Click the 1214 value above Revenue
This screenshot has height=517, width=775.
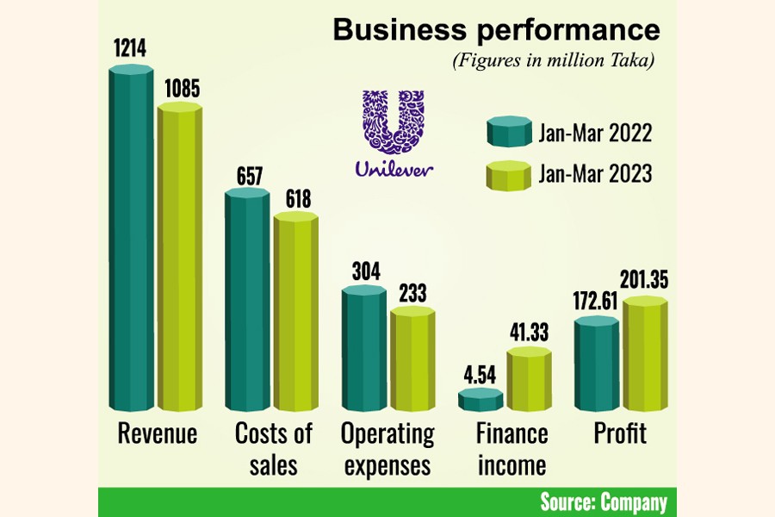[128, 51]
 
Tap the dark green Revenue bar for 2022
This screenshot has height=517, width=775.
[132, 241]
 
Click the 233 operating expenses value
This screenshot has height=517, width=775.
[412, 293]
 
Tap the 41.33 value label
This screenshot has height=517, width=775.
[529, 332]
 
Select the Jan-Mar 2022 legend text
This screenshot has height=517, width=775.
[595, 134]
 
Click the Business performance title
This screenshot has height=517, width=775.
[497, 30]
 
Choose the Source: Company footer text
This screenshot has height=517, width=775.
[603, 502]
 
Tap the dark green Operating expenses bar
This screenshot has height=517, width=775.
[364, 349]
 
